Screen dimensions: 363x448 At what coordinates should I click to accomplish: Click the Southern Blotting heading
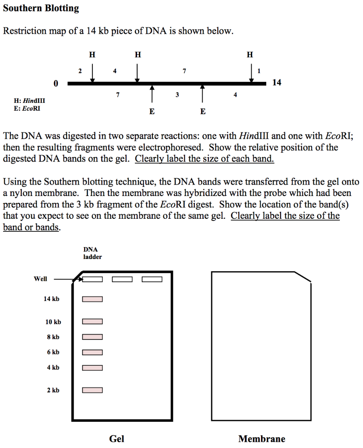coord(41,8)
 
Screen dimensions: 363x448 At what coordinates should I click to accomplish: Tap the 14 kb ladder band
coord(92,299)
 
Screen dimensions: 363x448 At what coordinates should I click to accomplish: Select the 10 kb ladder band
coord(92,322)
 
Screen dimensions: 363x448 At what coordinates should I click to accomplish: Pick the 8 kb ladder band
coord(92,337)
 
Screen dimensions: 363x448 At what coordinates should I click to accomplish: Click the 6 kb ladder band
coord(92,353)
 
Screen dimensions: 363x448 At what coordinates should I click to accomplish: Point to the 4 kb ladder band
coord(92,368)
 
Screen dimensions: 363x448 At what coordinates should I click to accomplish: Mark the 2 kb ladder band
coord(92,390)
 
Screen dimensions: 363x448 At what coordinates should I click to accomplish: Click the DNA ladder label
coord(92,253)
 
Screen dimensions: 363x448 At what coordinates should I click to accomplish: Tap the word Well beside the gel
coord(40,279)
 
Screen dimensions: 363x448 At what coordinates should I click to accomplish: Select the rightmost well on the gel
coord(152,279)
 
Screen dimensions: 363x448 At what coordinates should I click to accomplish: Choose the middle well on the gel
coord(122,279)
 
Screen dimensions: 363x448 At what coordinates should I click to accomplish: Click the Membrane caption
coord(262,439)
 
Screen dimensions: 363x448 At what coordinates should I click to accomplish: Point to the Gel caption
coord(117,439)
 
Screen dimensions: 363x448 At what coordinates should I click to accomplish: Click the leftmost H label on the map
coord(92,55)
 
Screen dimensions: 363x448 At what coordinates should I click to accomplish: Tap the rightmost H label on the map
coord(250,55)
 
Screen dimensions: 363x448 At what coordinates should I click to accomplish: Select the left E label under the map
coord(152,112)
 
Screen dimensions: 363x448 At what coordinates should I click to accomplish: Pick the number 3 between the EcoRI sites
coord(177,94)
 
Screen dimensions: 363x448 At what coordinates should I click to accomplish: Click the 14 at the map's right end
coord(277,82)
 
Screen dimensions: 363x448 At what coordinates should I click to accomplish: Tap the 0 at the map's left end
coord(56,84)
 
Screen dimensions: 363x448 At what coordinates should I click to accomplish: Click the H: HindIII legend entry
coord(29,101)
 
